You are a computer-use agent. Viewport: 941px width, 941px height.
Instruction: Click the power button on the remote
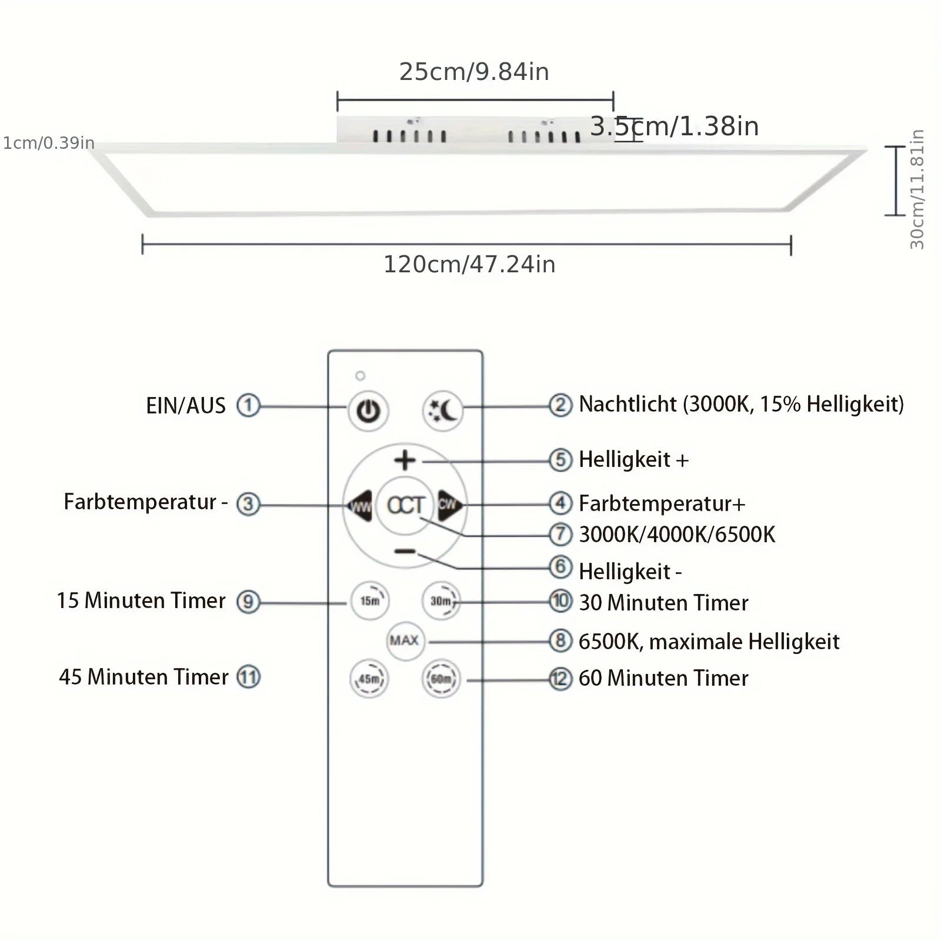tap(368, 411)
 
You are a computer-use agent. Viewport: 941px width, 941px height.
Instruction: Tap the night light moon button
tap(442, 410)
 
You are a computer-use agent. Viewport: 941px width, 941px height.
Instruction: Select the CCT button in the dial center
tap(405, 505)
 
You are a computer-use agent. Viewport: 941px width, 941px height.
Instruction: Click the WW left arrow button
tap(360, 505)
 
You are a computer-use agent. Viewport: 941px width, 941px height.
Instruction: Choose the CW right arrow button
tap(449, 504)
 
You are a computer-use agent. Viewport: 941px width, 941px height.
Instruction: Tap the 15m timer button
tap(370, 600)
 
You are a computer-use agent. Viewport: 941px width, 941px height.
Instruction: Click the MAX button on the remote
tap(405, 640)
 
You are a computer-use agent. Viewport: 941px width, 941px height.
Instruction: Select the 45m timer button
tap(369, 679)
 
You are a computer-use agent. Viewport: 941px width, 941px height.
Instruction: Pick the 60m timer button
tap(441, 679)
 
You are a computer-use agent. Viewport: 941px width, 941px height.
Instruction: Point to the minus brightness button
tap(405, 552)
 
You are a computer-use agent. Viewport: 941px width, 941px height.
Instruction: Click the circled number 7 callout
tap(560, 534)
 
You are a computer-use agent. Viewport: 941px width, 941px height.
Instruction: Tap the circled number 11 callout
tap(248, 677)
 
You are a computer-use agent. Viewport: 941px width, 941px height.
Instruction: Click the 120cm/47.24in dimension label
tap(469, 265)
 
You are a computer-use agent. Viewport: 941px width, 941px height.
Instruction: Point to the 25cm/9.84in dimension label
tap(474, 72)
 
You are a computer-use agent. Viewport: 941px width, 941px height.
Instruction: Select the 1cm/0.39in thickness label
tap(49, 143)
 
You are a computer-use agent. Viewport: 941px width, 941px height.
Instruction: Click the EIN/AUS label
tap(186, 406)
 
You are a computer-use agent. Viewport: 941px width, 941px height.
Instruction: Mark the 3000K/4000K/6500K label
tap(677, 535)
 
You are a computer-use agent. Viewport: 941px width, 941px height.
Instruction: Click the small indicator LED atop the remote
tap(361, 376)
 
